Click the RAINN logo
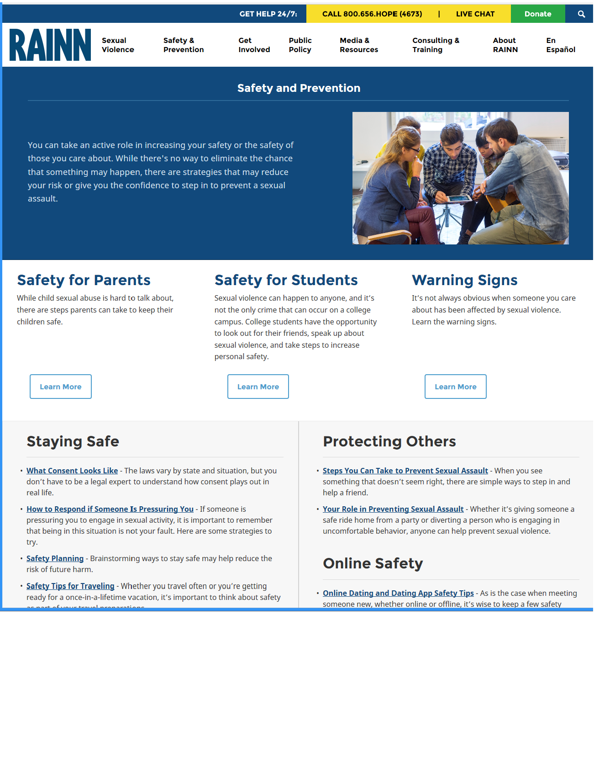50,45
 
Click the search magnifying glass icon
581,14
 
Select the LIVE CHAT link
475,14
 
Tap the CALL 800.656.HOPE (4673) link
372,14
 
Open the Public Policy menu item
300,45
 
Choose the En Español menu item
560,45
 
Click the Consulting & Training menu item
436,45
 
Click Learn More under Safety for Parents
61,387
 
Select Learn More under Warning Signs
455,387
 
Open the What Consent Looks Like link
72,471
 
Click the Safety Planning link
55,558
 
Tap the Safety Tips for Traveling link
70,586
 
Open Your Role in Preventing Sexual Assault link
393,509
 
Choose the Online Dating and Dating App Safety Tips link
398,593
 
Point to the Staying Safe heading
73,441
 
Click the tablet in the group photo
458,199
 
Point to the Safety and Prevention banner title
299,88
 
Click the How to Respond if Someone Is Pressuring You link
110,509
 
